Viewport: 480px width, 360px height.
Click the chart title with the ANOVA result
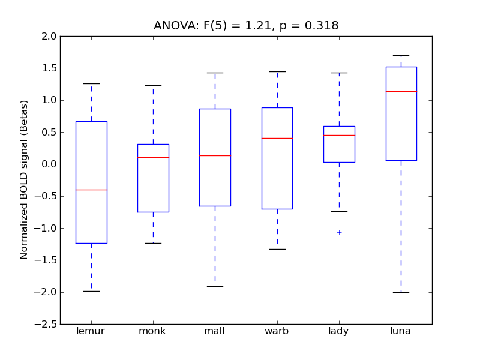[246, 26]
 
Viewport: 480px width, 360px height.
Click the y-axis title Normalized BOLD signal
[24, 180]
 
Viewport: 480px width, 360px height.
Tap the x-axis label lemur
[91, 331]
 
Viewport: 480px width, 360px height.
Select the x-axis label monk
[153, 331]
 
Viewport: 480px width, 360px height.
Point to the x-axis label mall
[215, 331]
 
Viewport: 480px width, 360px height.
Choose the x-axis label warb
[277, 331]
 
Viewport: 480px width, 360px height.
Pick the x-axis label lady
[339, 331]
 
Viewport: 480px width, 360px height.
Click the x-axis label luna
[401, 331]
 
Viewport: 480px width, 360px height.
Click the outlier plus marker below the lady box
[339, 232]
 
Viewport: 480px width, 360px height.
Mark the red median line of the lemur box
[91, 190]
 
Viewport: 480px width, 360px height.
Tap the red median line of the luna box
[401, 91]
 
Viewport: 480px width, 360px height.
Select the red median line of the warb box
[277, 138]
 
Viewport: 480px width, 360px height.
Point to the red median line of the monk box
[153, 157]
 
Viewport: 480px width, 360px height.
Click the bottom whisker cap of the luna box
[401, 292]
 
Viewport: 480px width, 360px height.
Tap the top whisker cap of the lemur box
[91, 83]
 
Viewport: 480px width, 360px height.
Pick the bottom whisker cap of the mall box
[215, 286]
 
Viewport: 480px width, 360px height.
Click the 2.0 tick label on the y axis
[49, 36]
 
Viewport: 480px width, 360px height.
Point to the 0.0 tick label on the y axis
[49, 164]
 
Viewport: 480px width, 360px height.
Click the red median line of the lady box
[339, 135]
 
